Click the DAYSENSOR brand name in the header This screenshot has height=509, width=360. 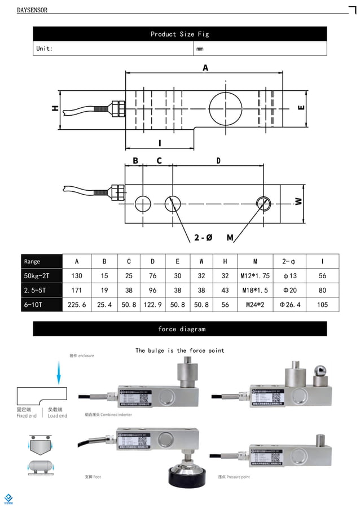point(32,10)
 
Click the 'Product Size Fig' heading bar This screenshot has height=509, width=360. point(179,34)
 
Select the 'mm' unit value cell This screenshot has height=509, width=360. point(200,49)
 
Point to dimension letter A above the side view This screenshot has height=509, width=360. point(205,68)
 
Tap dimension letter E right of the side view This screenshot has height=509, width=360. point(301,107)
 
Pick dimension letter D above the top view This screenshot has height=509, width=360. point(218,161)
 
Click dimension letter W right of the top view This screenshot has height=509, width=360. point(298,201)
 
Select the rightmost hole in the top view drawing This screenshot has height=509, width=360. point(263,203)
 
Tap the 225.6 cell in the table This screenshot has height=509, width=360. point(77,305)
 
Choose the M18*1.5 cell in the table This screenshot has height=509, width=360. point(255,290)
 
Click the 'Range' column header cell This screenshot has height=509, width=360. point(33,261)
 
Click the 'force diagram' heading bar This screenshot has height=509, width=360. point(179,329)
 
